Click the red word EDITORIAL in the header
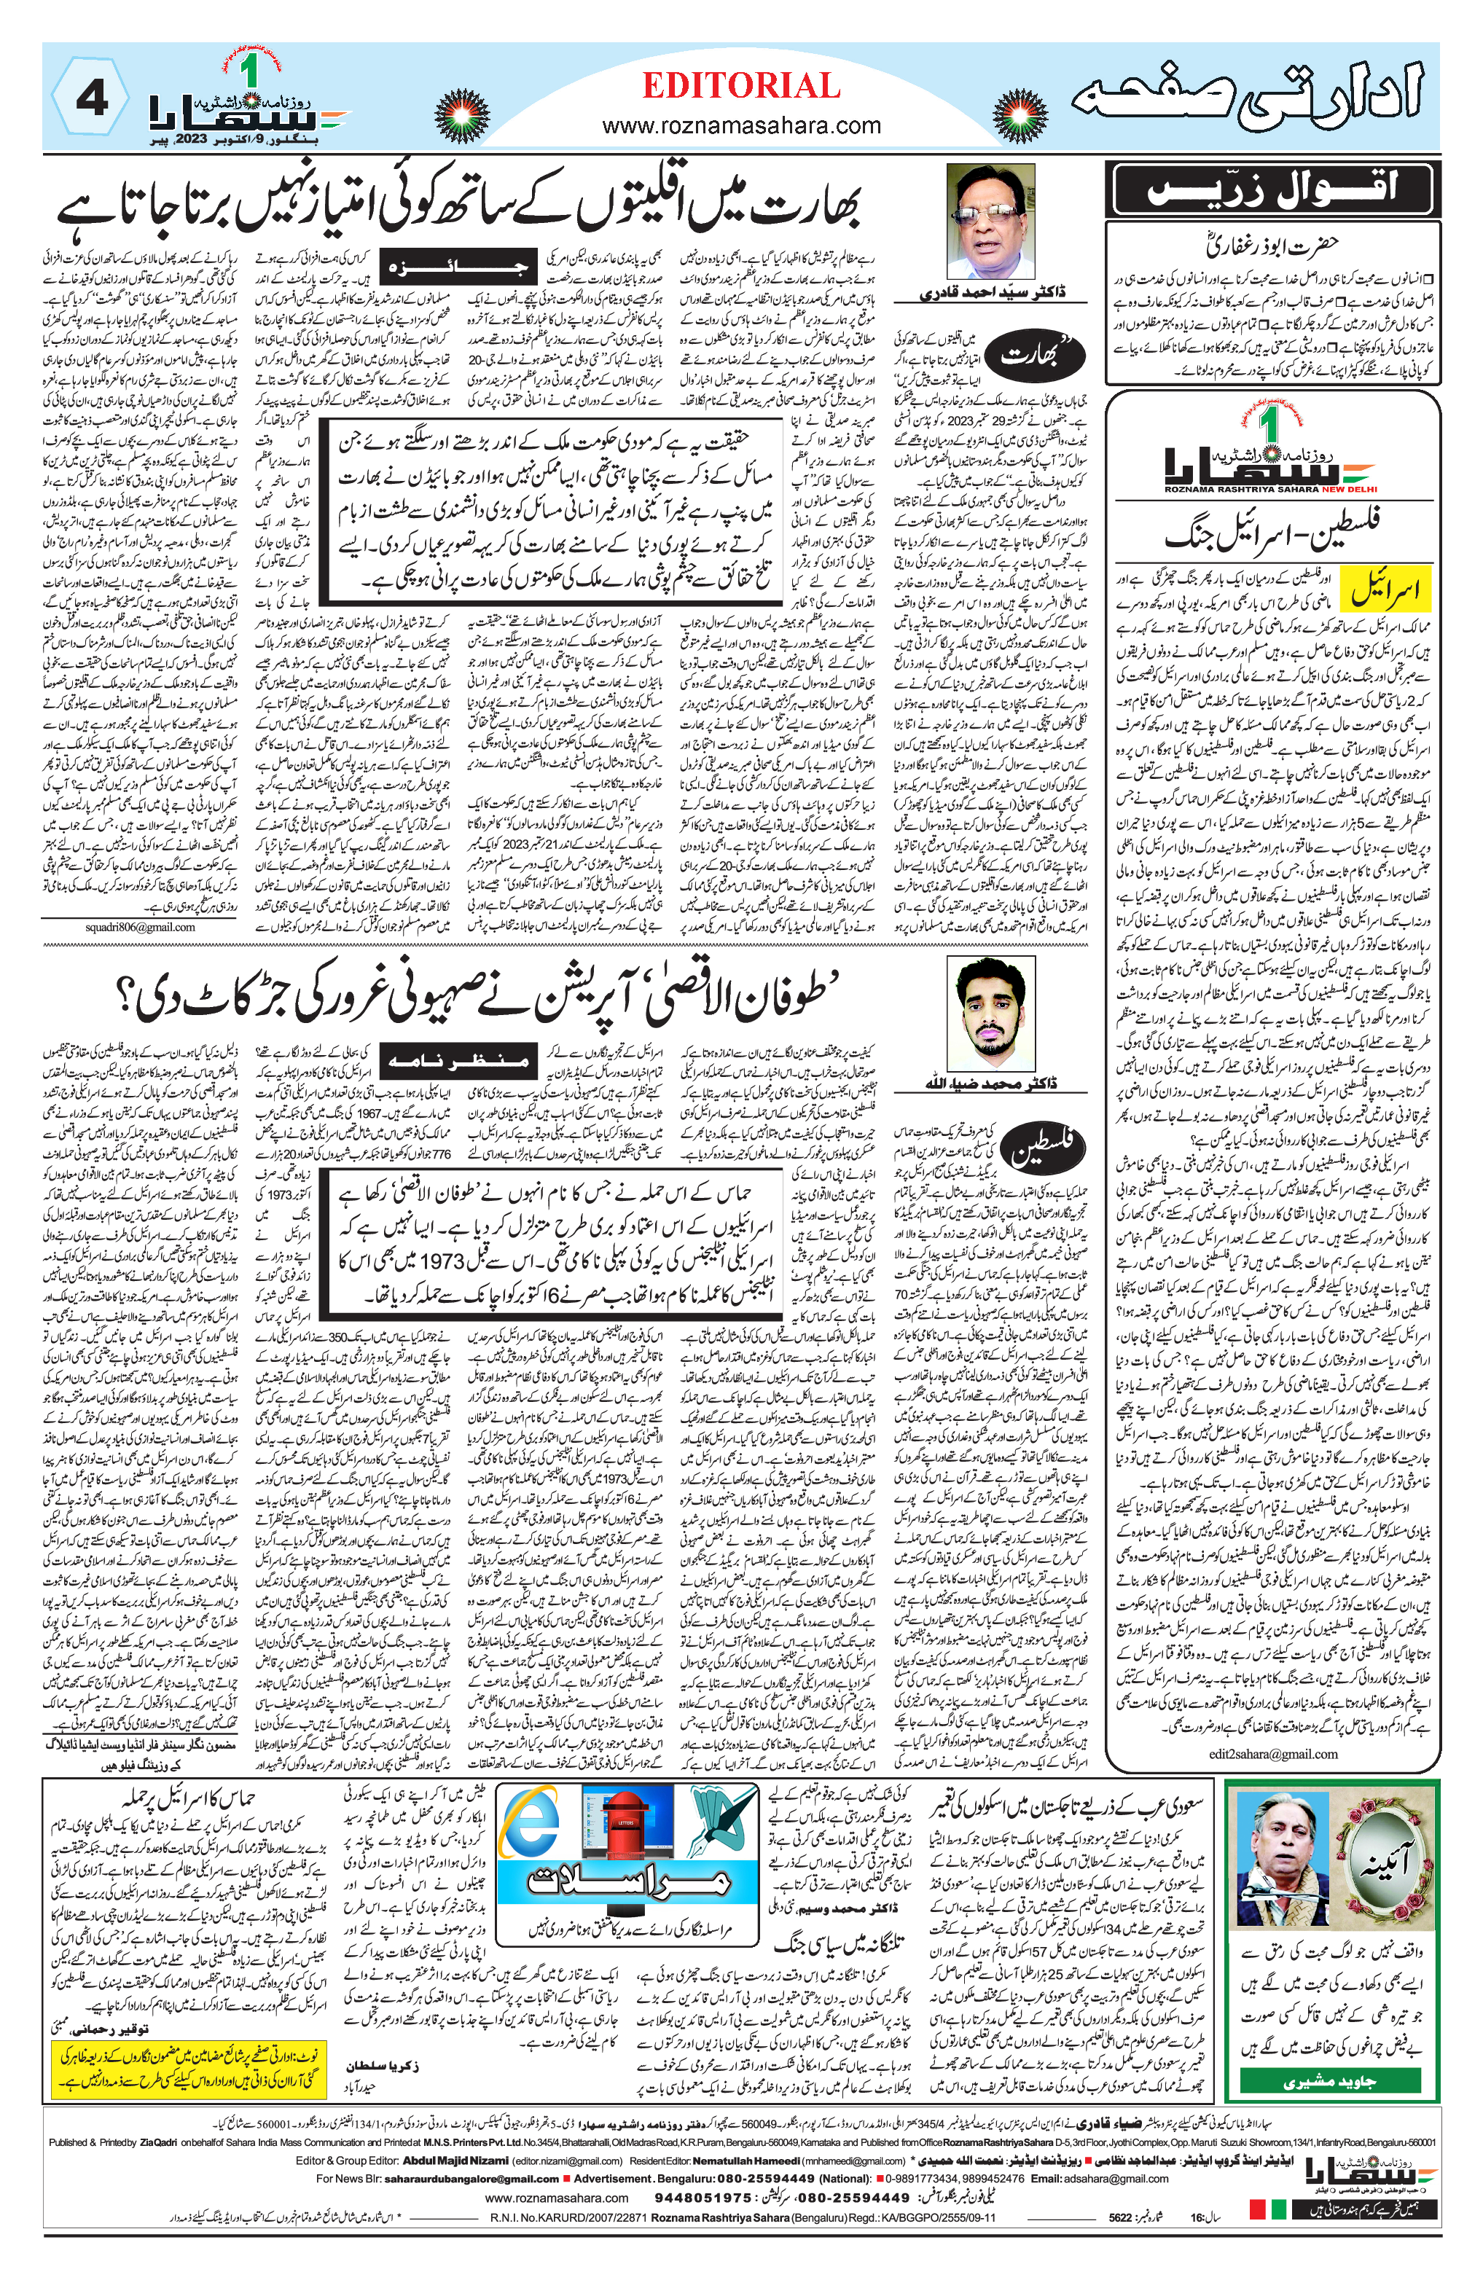(x=740, y=86)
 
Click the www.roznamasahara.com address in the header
(x=740, y=125)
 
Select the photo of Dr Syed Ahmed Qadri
(x=990, y=222)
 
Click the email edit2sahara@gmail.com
(x=1272, y=1753)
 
